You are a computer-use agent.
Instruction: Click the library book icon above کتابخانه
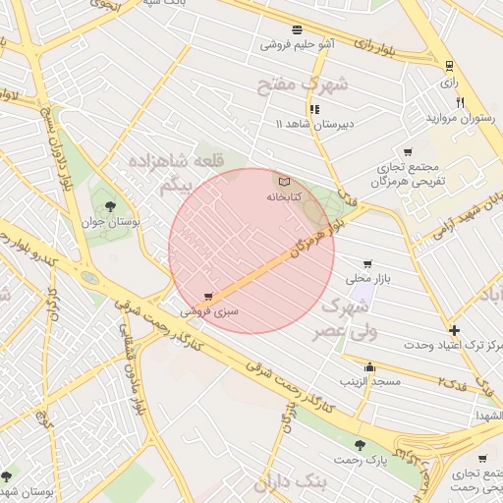point(285,182)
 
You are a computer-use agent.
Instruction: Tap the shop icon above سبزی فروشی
point(208,296)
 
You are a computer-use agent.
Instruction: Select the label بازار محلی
point(369,279)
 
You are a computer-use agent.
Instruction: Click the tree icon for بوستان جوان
point(109,207)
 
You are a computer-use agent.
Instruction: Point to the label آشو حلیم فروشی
point(297,44)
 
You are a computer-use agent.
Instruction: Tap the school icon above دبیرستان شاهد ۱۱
point(314,109)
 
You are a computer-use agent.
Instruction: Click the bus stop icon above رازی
point(449,66)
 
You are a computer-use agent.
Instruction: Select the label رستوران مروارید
point(457,118)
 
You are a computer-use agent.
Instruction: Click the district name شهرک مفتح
point(303,84)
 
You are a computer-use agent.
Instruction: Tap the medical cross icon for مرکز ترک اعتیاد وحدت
point(453,331)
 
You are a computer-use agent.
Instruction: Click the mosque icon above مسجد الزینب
point(369,365)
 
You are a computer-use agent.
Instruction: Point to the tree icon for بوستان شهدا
point(8,476)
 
